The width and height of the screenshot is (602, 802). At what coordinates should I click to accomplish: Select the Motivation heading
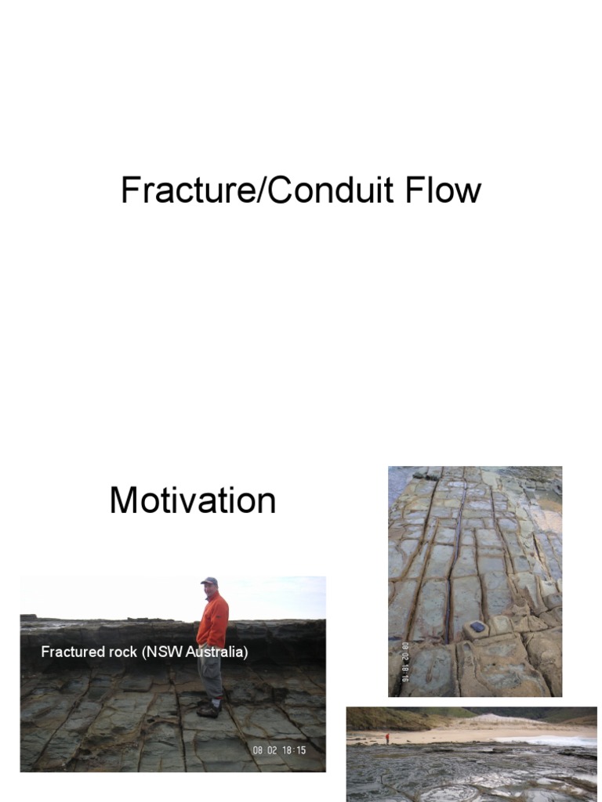[193, 500]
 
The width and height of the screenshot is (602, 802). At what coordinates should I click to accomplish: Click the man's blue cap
[209, 581]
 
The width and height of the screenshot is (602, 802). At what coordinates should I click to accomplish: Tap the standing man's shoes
[209, 710]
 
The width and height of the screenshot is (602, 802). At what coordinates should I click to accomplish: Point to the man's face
[209, 588]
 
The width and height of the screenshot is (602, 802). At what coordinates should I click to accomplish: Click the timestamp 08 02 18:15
[279, 750]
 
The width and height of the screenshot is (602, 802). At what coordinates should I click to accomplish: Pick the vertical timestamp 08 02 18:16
[405, 661]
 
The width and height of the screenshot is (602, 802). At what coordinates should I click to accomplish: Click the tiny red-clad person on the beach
[386, 739]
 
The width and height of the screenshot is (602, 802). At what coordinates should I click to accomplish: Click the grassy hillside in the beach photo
[384, 717]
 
